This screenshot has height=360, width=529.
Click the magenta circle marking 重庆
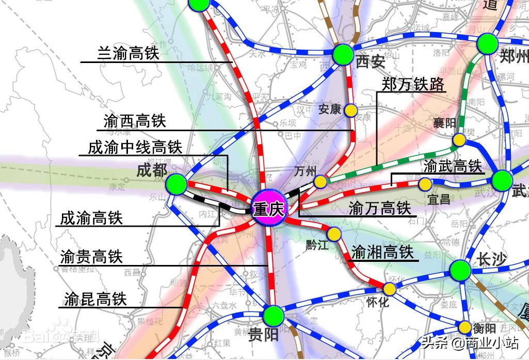click(268, 210)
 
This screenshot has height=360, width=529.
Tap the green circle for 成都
click(177, 183)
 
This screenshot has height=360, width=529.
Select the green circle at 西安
click(342, 54)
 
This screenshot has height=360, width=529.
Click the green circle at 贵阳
click(274, 316)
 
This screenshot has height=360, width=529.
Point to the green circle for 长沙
click(460, 270)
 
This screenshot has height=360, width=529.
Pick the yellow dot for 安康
click(351, 110)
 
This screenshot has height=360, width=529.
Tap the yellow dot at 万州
click(320, 181)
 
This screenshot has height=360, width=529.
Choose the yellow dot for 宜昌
click(425, 184)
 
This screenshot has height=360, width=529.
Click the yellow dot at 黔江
click(335, 234)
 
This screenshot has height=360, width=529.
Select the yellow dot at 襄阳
click(458, 139)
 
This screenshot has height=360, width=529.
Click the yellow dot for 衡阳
click(465, 327)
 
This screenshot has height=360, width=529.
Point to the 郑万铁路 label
click(413, 84)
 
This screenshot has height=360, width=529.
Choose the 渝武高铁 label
click(453, 166)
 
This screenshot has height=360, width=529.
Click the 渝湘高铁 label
click(382, 252)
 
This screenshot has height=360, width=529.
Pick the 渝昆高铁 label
click(95, 299)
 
